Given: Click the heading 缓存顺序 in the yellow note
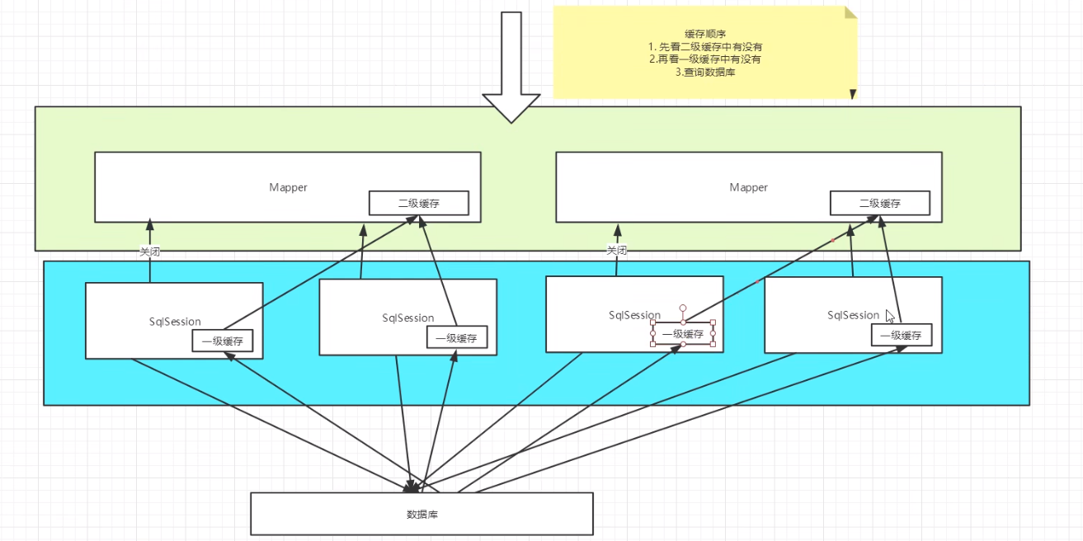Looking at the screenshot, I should [705, 34].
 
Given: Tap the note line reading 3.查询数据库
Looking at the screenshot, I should [705, 73].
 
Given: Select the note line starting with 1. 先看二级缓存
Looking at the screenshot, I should [705, 47].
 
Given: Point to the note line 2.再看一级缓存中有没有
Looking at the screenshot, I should [705, 59].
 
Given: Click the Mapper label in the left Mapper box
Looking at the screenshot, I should [288, 187].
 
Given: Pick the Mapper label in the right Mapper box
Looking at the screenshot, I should [748, 187].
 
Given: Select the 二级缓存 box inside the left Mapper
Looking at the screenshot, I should [418, 203].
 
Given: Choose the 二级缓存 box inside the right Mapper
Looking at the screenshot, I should [879, 203].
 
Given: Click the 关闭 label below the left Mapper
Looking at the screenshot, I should [149, 252].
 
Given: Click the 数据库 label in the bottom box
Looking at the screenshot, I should [422, 514].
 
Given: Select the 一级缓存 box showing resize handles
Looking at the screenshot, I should [683, 333].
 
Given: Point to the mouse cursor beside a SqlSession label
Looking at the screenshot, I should [890, 316].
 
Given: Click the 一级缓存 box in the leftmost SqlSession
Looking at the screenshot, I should [222, 341].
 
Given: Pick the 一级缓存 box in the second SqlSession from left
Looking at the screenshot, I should [457, 336].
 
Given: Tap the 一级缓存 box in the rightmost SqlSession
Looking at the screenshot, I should [902, 335].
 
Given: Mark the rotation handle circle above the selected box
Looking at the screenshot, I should [683, 308].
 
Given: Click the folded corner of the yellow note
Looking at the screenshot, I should [850, 12].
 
